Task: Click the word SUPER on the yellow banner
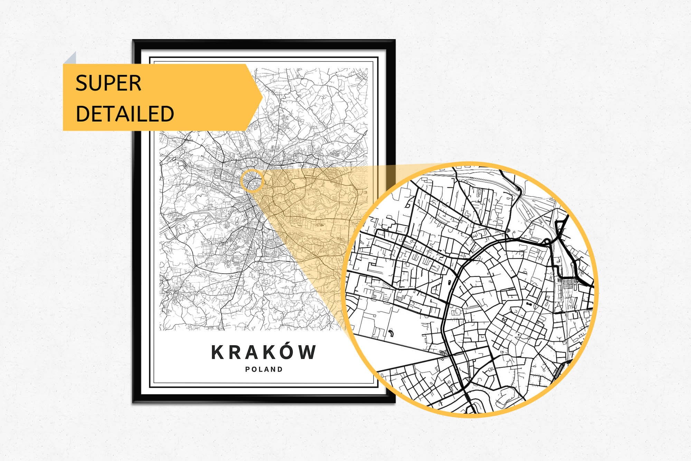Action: [108, 83]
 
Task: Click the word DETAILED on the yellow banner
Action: [124, 113]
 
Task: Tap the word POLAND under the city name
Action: [264, 369]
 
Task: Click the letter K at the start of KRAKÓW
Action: [218, 352]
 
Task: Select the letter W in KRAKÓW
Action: [307, 352]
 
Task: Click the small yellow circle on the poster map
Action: [252, 181]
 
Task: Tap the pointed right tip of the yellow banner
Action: [262, 97]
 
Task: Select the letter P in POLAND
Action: [248, 369]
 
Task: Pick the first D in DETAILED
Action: [82, 113]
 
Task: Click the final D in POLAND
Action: [280, 369]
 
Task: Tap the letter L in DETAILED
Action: [143, 113]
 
